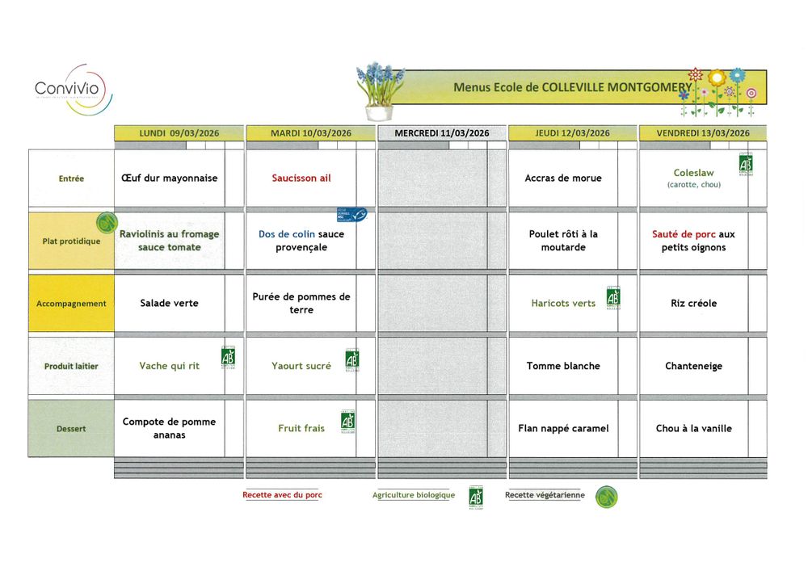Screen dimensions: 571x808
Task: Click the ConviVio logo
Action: point(73,89)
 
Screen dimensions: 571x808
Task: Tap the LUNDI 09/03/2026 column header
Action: point(179,133)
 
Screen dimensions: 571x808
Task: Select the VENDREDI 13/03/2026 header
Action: point(703,133)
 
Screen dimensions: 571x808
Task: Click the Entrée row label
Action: point(71,178)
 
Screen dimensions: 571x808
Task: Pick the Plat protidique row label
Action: point(71,241)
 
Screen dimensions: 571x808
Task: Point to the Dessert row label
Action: point(71,429)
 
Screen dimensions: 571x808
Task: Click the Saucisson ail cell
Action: point(301,178)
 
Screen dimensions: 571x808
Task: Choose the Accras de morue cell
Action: point(563,178)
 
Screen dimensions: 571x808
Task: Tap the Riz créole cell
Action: point(693,304)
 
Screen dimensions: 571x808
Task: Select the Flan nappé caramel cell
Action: point(563,429)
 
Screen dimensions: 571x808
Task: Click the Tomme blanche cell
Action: point(563,366)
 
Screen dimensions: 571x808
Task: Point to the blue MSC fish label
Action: point(351,215)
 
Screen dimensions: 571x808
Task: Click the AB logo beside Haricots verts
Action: point(613,298)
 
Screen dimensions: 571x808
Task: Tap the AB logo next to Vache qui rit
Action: point(228,358)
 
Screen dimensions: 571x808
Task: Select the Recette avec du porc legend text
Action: point(282,495)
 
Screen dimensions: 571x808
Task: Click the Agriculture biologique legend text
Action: point(414,495)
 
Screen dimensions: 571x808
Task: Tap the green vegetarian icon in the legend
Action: point(607,497)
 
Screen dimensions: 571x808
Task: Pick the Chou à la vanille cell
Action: point(693,429)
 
